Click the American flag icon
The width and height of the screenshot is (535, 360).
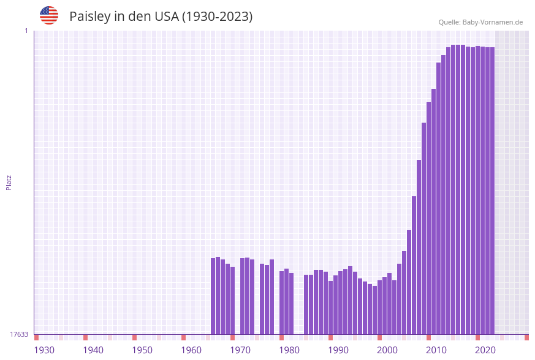coord(49,15)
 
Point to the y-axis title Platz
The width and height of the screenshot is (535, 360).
coord(9,182)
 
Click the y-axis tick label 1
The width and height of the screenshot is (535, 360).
coord(26,31)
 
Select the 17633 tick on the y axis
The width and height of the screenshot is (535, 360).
coord(19,334)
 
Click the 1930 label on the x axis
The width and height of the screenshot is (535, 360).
coord(44,350)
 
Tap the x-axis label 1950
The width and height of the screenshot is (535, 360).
coord(142,350)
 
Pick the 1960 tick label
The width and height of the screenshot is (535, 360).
coord(191,350)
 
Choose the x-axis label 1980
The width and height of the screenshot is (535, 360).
coord(289,350)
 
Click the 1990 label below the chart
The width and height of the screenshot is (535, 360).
coord(338,350)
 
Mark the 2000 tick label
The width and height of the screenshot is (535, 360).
coord(387,350)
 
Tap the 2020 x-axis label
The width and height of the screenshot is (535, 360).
coord(485,350)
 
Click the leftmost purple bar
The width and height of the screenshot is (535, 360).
coord(213,296)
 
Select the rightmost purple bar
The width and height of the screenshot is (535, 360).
coord(492,190)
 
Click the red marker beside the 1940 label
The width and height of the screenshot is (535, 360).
coord(86,337)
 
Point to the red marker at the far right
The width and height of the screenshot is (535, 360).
coord(526,337)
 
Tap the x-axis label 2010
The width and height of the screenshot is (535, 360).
coord(436,350)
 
